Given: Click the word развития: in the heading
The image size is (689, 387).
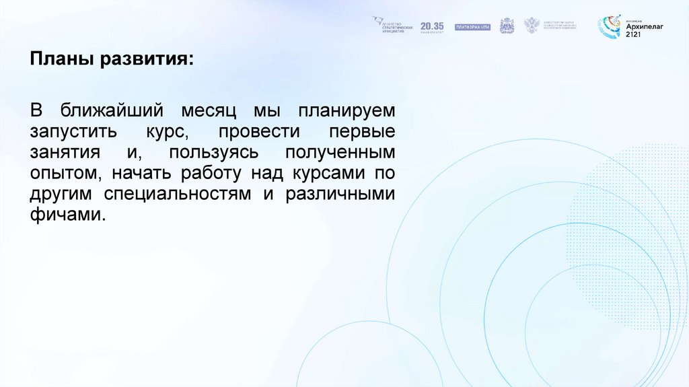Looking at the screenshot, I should pos(147,60).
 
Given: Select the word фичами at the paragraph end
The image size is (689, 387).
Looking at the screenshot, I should pos(67,215).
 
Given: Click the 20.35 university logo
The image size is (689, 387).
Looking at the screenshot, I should pos(432,26).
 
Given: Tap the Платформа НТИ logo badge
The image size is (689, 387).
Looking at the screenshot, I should pos(473,27).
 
